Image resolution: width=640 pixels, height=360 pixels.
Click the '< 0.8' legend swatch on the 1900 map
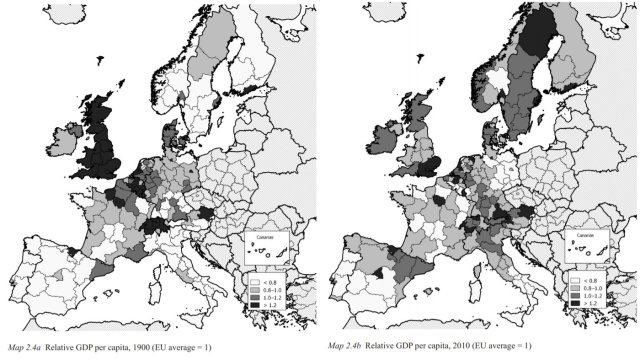click(x=253, y=279)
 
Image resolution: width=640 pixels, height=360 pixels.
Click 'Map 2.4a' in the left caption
click(x=23, y=347)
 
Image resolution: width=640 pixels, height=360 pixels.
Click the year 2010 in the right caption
click(x=479, y=347)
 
